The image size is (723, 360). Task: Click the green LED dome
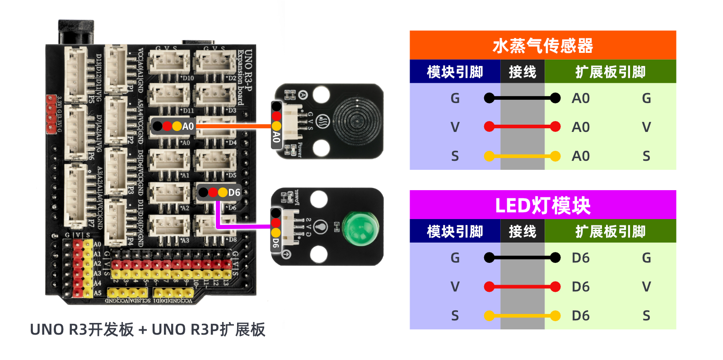(360, 228)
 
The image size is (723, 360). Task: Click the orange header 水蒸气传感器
(542, 45)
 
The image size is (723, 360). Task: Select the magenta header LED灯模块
(542, 205)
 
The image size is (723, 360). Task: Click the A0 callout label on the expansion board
(188, 126)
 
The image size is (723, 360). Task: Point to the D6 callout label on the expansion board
(234, 193)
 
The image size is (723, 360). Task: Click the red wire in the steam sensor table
(522, 127)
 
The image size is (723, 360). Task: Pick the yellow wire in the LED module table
(522, 316)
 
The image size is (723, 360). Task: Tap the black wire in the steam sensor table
(522, 98)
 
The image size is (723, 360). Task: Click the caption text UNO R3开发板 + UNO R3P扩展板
(148, 330)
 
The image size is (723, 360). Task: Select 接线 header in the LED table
(522, 231)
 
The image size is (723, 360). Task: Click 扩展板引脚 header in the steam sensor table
(610, 72)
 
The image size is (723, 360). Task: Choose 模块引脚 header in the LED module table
(455, 231)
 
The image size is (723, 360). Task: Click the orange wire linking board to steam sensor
(233, 126)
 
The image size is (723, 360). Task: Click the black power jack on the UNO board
(76, 32)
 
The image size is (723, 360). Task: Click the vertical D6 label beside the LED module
(276, 243)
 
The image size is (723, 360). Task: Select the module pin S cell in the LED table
(455, 316)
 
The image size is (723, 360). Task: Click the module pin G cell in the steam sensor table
(455, 98)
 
